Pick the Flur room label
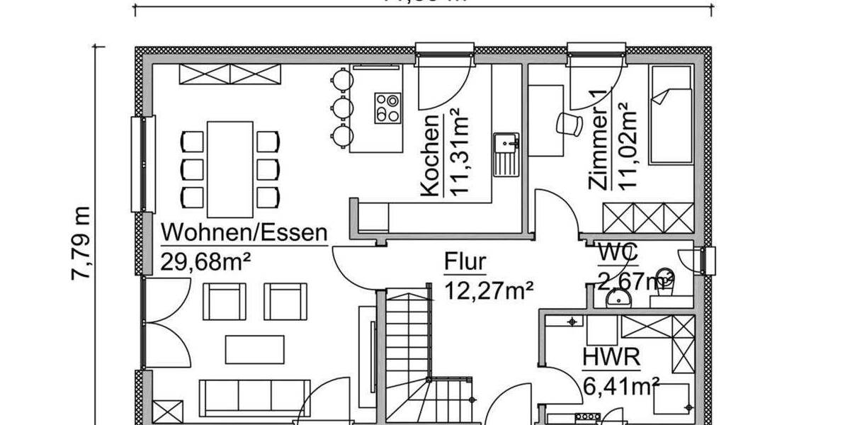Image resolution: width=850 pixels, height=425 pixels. pos(465,262)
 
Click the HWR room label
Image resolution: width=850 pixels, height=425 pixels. pos(611,358)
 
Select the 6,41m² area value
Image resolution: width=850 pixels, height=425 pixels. pos(621,386)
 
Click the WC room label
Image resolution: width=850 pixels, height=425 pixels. pos(618,251)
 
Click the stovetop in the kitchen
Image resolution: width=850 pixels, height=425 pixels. pos(388,108)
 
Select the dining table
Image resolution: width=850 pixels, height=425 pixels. pos(229,169)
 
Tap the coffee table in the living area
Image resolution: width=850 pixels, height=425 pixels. pos(254,348)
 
